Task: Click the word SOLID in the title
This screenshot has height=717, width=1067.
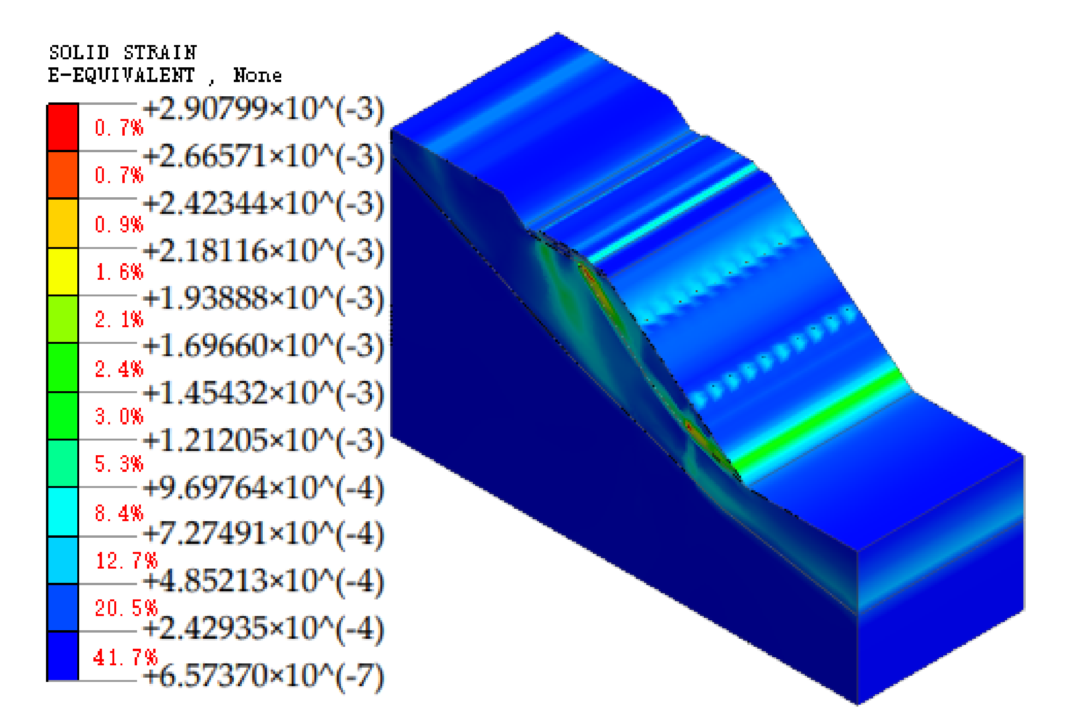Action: [79, 53]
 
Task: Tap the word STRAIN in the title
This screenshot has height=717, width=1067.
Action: [160, 53]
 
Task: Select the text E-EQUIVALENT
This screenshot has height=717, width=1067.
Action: [121, 75]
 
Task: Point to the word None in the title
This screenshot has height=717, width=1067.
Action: [258, 75]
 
